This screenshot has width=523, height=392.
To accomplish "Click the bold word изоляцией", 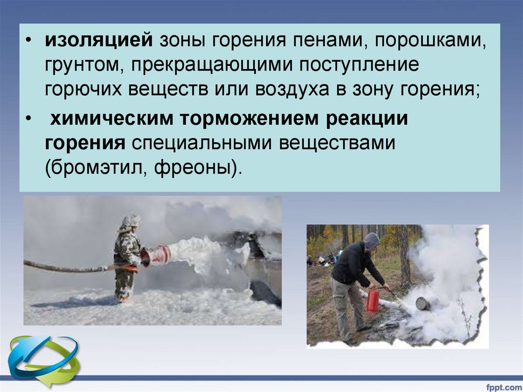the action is click(x=99, y=41).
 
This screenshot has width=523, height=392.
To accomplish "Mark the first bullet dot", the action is click(x=29, y=41).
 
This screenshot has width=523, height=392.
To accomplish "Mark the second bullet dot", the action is click(x=29, y=119).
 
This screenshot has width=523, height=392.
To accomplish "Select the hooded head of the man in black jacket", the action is click(x=371, y=241).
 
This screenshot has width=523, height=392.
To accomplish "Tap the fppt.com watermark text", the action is click(x=503, y=387).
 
